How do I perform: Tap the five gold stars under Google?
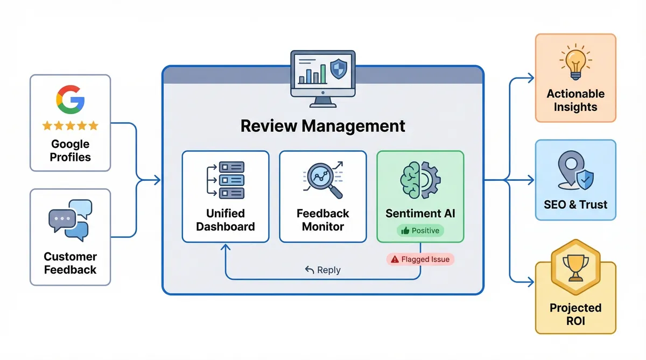point(70,126)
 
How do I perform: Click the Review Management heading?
point(322,126)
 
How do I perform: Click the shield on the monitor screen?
point(338,69)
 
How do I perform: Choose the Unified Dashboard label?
point(225,220)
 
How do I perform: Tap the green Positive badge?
point(420,230)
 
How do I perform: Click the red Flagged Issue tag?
point(420,259)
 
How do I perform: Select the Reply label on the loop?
point(322,270)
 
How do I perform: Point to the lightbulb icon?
point(575,60)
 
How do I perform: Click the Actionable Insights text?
point(575,100)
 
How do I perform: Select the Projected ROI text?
point(575,314)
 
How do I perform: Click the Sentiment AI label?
point(420,213)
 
